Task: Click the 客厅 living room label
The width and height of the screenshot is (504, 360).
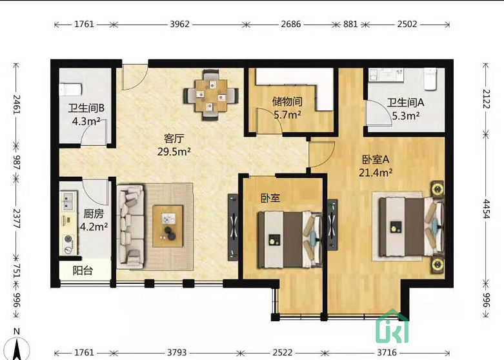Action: pos(174,139)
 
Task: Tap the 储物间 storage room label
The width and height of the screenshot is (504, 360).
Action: pos(287,102)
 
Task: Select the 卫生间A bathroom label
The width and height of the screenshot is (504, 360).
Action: pos(405,103)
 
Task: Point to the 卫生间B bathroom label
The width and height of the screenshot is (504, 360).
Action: pos(86,108)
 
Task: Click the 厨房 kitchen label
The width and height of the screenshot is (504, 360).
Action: pos(94,214)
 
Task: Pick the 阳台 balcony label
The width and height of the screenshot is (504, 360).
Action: pos(83,271)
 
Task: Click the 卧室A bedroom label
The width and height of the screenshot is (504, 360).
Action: pos(376,159)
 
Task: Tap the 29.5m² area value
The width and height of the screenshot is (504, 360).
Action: pos(174,152)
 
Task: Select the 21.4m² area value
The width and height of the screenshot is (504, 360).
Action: pos(376,172)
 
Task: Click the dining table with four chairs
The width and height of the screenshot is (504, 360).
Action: pos(210,95)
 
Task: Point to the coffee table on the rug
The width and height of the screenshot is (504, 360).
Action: pos(168,225)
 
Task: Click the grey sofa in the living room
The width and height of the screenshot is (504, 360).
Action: pos(132,226)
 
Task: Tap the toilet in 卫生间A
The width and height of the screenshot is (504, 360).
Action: pos(430,79)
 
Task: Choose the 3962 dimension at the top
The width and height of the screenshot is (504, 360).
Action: pos(179,25)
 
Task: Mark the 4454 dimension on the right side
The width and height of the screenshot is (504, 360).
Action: pos(486,209)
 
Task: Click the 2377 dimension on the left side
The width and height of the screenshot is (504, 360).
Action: pos(17,217)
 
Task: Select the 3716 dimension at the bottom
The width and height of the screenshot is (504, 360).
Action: pos(387,352)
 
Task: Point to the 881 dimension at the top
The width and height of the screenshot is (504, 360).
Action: pos(350,25)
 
